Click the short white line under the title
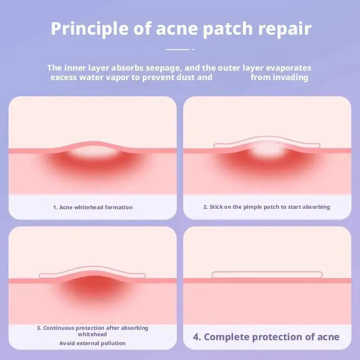click(x=177, y=49)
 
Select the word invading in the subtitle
click(x=292, y=77)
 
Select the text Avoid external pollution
click(x=93, y=343)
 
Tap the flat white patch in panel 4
click(x=267, y=274)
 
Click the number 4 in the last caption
click(x=196, y=337)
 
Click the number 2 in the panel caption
click(x=205, y=207)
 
